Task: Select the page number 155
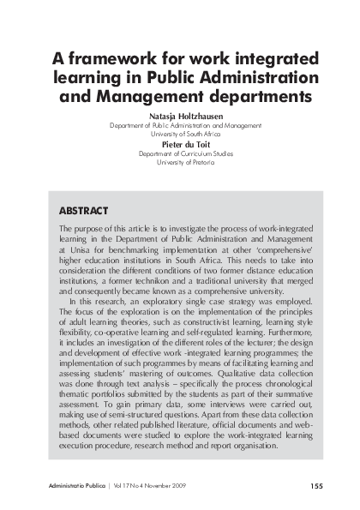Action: (x=316, y=485)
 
